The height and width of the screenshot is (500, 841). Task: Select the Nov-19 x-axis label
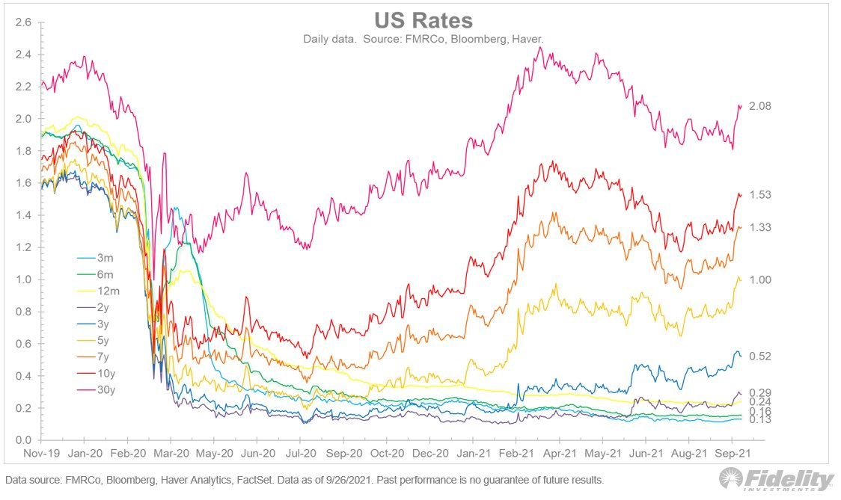point(40,454)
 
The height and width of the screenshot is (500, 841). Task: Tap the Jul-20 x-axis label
point(299,454)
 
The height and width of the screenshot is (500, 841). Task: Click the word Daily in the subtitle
point(317,38)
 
